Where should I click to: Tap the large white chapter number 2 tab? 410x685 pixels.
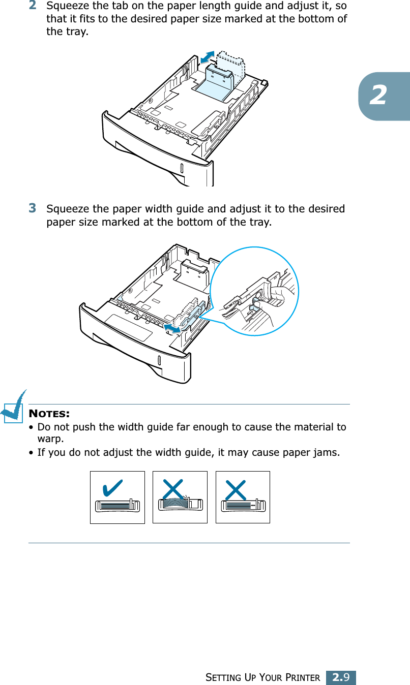coord(377,96)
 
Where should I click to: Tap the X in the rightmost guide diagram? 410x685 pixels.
coord(235,491)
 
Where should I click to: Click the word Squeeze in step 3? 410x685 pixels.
coord(63,209)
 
